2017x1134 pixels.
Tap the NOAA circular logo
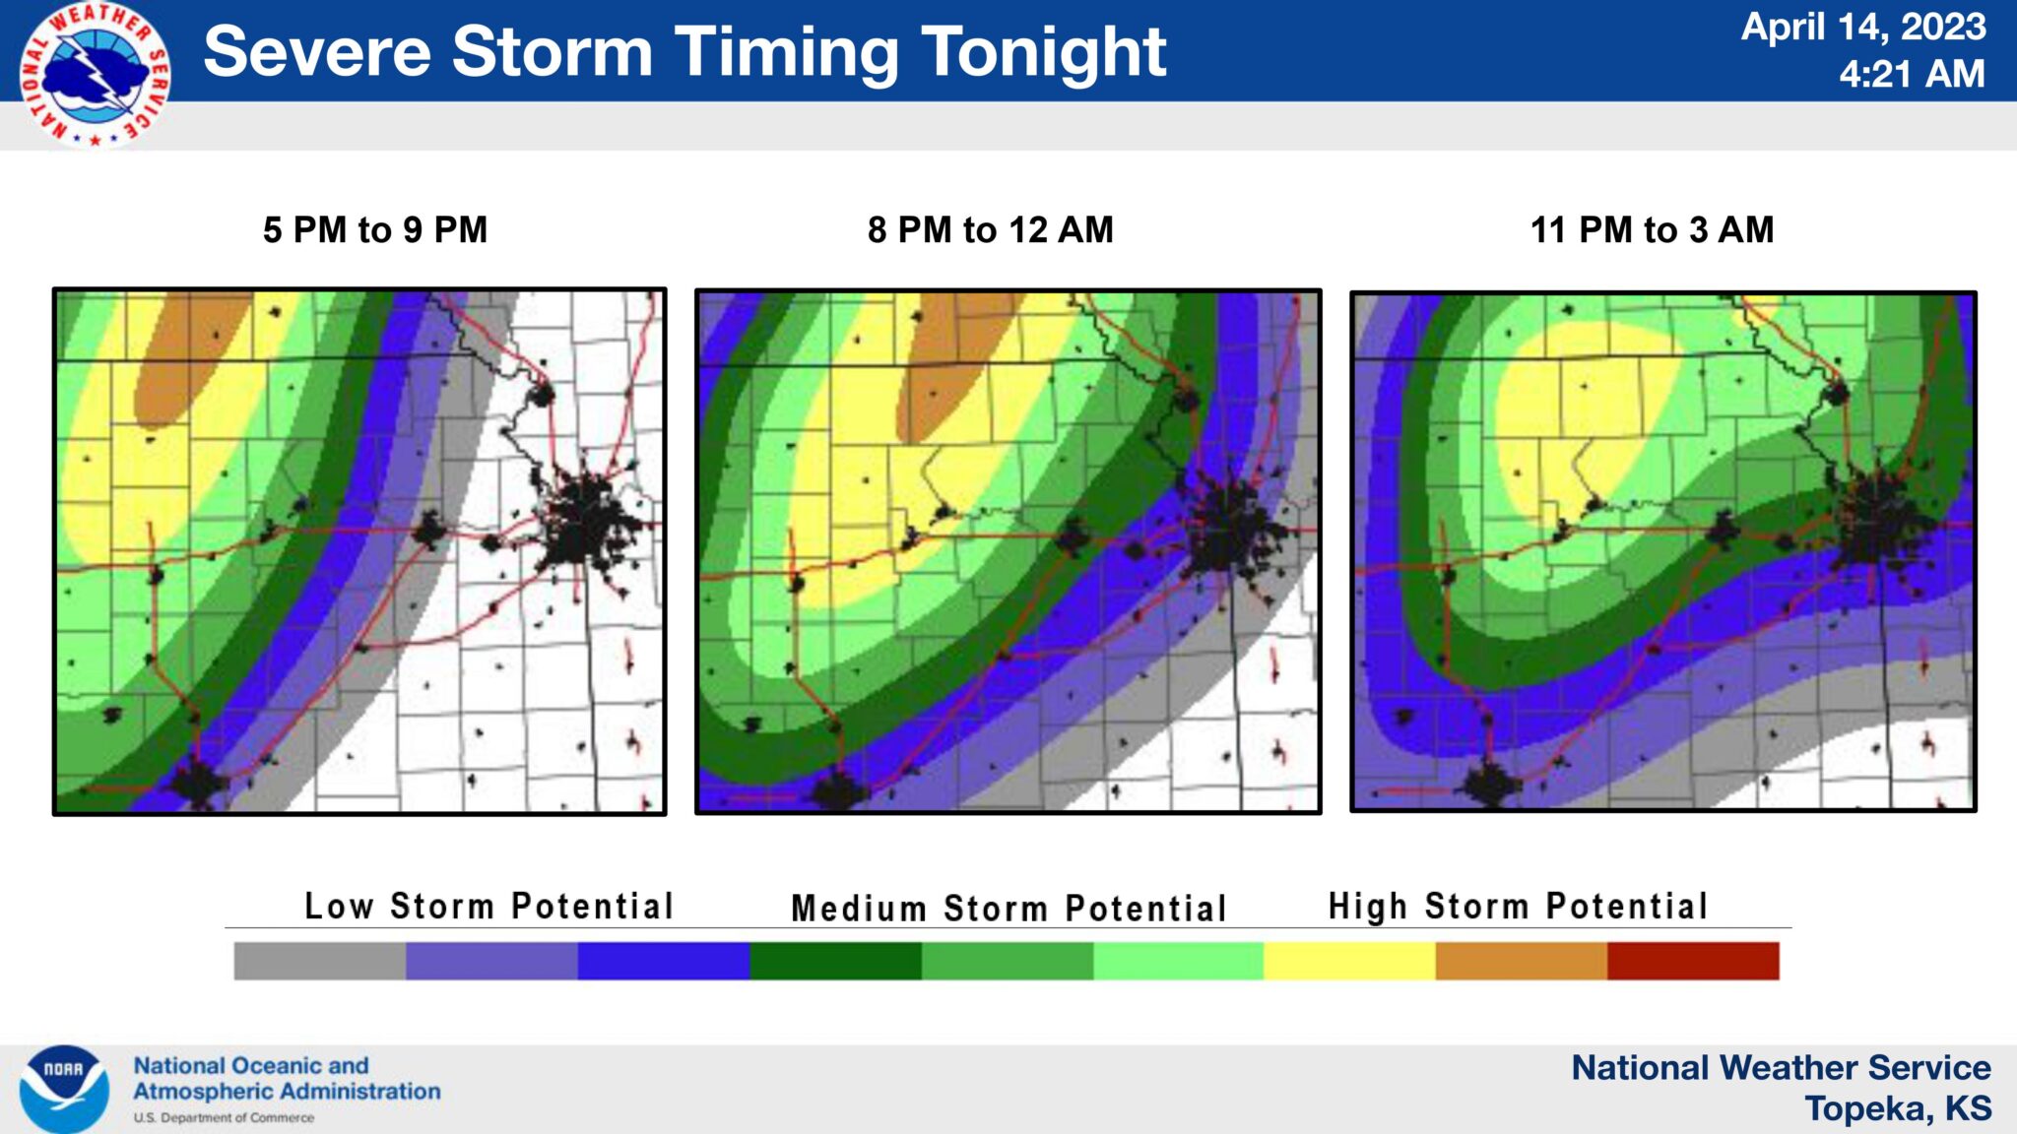click(x=64, y=1088)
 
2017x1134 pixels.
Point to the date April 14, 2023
click(x=1862, y=27)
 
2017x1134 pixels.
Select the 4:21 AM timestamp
click(x=1912, y=74)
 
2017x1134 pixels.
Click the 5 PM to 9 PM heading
click(x=375, y=230)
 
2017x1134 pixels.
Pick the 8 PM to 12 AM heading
click(x=990, y=230)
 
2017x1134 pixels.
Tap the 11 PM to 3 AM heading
click(x=1652, y=230)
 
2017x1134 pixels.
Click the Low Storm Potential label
click(x=488, y=906)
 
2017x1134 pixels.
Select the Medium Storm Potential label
click(x=1008, y=908)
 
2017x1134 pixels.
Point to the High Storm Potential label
click(x=1518, y=906)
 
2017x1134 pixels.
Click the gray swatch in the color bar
click(x=319, y=961)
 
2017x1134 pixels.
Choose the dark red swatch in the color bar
click(x=1693, y=961)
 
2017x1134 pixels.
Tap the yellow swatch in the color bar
click(x=1349, y=961)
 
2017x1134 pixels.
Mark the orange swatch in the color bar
click(x=1521, y=961)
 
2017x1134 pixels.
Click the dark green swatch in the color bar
click(x=835, y=961)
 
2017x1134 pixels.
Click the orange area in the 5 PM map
click(x=187, y=354)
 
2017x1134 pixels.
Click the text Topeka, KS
click(x=1898, y=1108)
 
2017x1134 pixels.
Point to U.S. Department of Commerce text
click(x=224, y=1118)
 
